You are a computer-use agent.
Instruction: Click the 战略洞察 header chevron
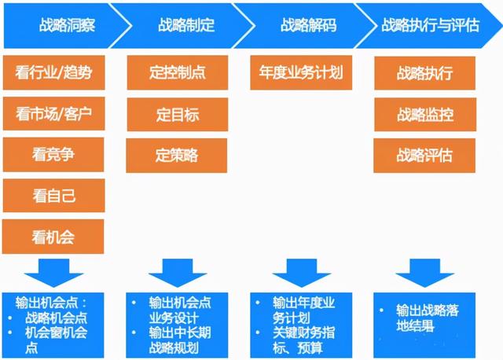pyautogui.click(x=67, y=25)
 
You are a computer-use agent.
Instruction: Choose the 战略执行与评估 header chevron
pyautogui.click(x=428, y=25)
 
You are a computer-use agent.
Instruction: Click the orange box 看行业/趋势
pyautogui.click(x=53, y=73)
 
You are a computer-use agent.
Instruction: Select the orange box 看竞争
pyautogui.click(x=53, y=153)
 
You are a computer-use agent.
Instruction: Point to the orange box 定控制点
pyautogui.click(x=177, y=73)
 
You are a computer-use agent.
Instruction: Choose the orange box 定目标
pyautogui.click(x=177, y=114)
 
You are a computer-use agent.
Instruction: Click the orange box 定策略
pyautogui.click(x=177, y=154)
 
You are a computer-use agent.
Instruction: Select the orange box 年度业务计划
pyautogui.click(x=301, y=73)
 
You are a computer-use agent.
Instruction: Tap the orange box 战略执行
pyautogui.click(x=425, y=73)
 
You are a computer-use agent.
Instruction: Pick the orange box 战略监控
pyautogui.click(x=425, y=114)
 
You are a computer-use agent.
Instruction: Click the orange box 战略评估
pyautogui.click(x=425, y=154)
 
